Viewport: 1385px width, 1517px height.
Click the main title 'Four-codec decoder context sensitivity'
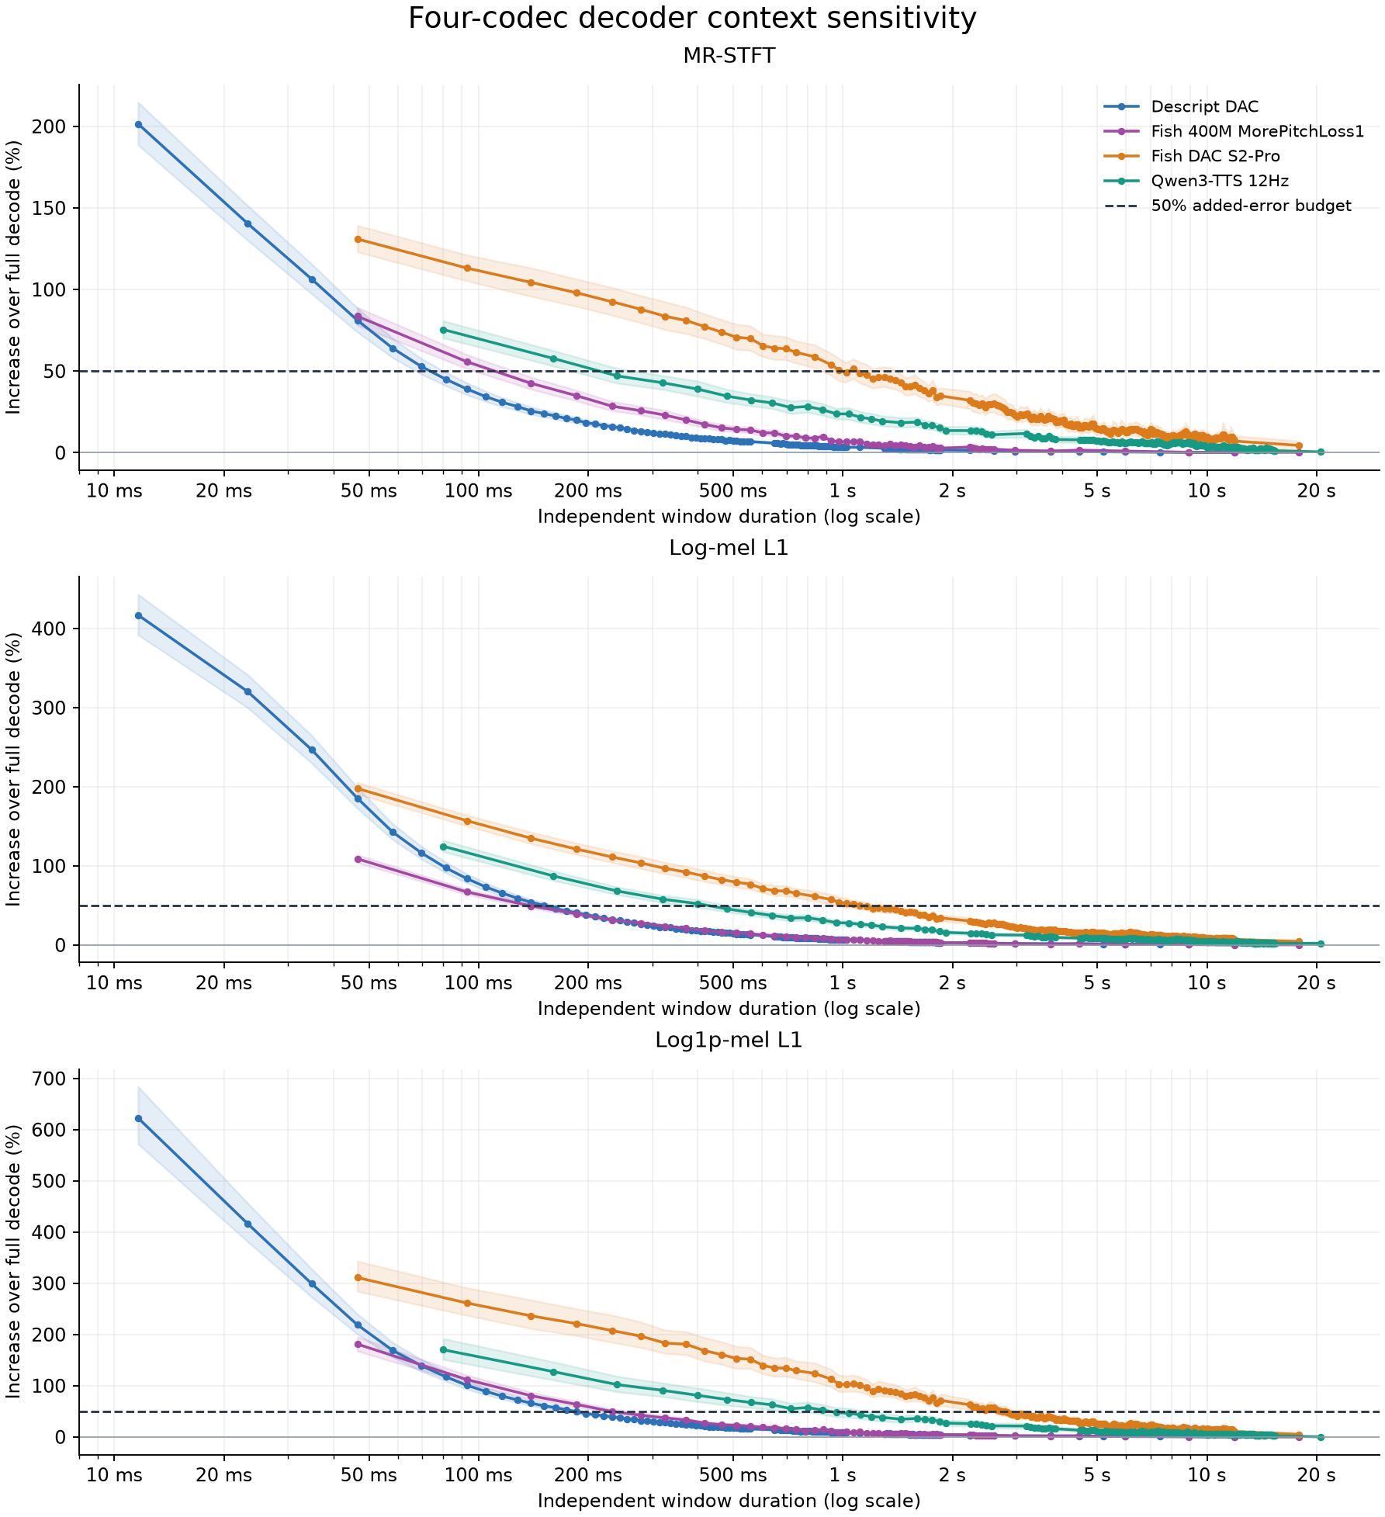point(692,19)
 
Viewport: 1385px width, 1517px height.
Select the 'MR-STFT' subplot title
point(729,56)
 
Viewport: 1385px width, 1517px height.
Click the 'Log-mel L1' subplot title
point(729,549)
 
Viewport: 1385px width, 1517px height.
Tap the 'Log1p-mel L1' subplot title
point(729,1041)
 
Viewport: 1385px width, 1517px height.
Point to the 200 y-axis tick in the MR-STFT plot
point(48,126)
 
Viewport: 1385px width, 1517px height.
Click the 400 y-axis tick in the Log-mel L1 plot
point(48,629)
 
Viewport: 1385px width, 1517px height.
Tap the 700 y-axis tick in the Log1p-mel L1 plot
point(48,1079)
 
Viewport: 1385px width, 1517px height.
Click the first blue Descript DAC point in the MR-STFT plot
point(138,124)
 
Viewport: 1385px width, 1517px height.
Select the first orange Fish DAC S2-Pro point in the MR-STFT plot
point(358,239)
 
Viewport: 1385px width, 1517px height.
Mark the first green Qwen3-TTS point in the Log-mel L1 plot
point(443,847)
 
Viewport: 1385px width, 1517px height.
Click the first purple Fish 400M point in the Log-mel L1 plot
point(358,859)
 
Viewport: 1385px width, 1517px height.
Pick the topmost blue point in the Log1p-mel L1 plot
point(138,1118)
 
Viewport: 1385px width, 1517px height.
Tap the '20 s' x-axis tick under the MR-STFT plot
point(1317,491)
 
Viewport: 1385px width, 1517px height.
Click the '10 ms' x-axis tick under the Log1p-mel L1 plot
point(114,1475)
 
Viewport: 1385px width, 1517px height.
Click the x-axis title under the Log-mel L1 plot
point(729,1009)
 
